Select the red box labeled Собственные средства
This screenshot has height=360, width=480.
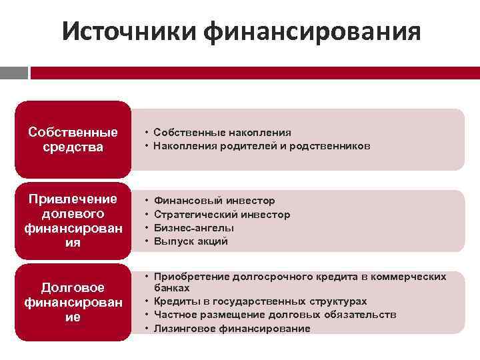pyautogui.click(x=73, y=139)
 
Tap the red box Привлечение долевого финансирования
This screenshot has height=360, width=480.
pyautogui.click(x=73, y=221)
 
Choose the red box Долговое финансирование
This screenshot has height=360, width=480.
pyautogui.click(x=73, y=302)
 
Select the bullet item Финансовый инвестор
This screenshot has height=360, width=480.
pyautogui.click(x=214, y=200)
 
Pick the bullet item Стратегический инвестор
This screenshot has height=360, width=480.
pyautogui.click(x=222, y=214)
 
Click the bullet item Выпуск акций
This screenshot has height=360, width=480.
pyautogui.click(x=191, y=241)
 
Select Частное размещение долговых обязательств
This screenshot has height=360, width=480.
pyautogui.click(x=275, y=315)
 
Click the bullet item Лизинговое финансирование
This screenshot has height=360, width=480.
pyautogui.click(x=232, y=328)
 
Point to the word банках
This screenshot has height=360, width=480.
pyautogui.click(x=172, y=288)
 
